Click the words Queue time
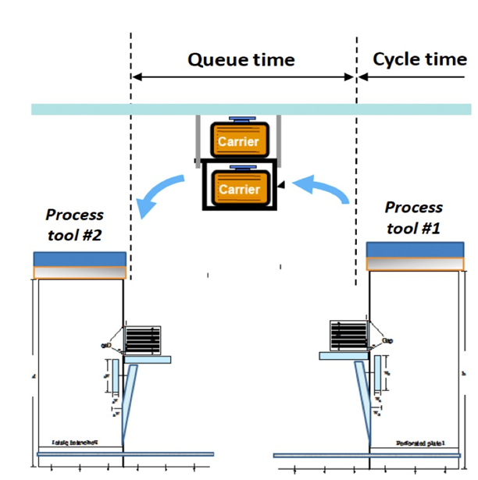coord(241,59)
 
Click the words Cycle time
coord(419,59)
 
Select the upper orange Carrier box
coord(238,141)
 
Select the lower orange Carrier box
coord(238,189)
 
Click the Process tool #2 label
coord(74,226)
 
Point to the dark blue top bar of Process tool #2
coord(79,259)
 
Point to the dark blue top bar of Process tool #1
coord(418,248)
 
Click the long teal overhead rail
coord(250,109)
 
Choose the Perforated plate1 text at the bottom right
coord(419,445)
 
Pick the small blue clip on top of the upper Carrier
coord(238,119)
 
